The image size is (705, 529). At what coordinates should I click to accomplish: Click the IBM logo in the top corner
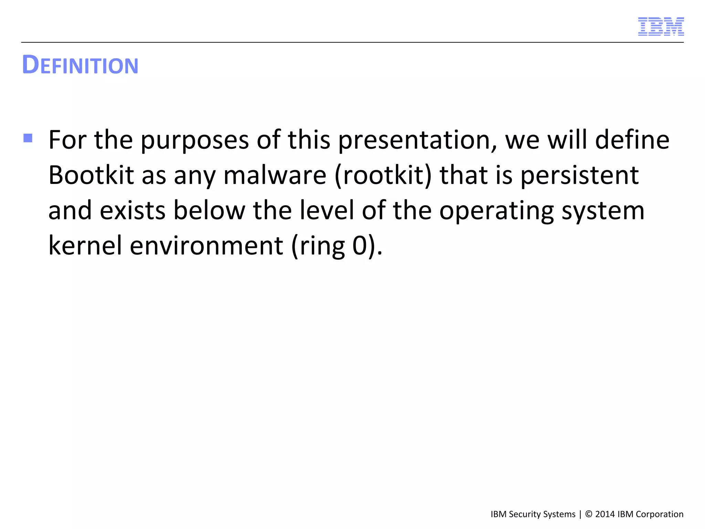[x=661, y=27]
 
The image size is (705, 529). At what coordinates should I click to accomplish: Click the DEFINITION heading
[x=80, y=65]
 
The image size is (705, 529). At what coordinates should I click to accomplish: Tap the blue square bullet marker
[x=28, y=138]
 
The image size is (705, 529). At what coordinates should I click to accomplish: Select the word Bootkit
[x=91, y=175]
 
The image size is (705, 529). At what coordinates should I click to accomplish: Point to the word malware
[x=275, y=175]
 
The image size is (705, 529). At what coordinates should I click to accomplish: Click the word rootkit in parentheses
[x=383, y=175]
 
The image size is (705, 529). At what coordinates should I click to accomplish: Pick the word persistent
[x=579, y=175]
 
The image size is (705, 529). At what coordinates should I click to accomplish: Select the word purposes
[x=194, y=140]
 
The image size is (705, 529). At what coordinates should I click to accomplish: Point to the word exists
[x=133, y=210]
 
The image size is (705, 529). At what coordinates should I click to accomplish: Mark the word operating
[x=496, y=210]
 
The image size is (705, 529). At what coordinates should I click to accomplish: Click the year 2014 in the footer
[x=605, y=514]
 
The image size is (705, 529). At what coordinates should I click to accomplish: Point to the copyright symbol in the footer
[x=589, y=514]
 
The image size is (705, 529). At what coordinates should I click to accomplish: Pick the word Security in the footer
[x=525, y=514]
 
